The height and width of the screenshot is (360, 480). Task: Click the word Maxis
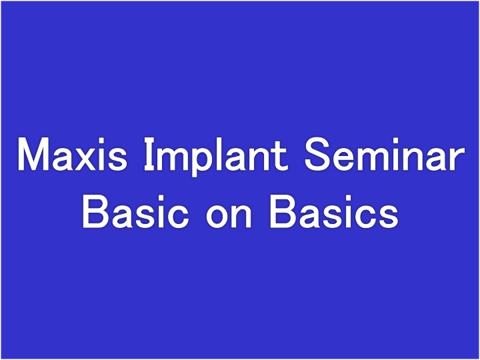[x=72, y=154]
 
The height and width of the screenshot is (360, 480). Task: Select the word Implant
[x=216, y=157]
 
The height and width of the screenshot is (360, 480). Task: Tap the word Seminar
[x=385, y=154]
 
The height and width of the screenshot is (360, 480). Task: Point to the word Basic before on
[x=135, y=211]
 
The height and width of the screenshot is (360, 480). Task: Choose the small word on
[x=229, y=215]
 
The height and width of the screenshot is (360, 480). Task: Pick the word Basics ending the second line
[x=334, y=211]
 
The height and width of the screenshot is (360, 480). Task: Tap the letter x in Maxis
[x=87, y=158]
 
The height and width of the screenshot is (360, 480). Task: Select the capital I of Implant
[x=149, y=154]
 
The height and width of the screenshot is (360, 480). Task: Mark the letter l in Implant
[x=218, y=154]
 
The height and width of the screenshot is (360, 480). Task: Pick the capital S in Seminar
[x=318, y=154]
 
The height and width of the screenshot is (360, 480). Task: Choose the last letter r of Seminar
[x=457, y=158]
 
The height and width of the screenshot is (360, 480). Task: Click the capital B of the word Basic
[x=97, y=212]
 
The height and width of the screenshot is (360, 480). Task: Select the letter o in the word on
[x=218, y=216]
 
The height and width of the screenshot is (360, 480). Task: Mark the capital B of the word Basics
[x=283, y=212]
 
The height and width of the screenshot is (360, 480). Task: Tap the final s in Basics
[x=388, y=216]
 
